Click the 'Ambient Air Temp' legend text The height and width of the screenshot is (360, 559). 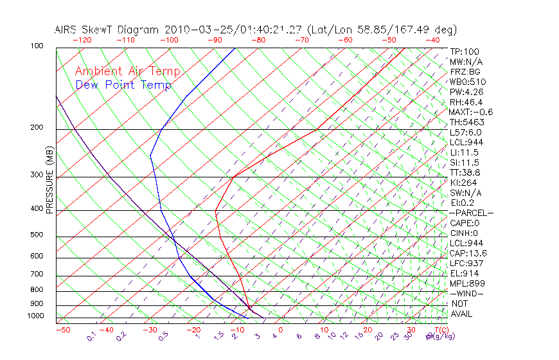[x=127, y=72]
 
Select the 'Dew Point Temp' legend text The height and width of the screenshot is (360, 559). [x=123, y=85]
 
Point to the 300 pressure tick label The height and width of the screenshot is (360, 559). [x=36, y=175]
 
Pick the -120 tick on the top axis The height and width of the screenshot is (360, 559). [x=82, y=40]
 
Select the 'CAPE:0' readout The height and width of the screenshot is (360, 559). [x=465, y=223]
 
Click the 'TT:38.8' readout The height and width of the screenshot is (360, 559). [x=465, y=173]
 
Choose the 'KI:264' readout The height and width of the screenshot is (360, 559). [x=464, y=183]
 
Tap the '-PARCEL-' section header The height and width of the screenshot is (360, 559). [x=471, y=213]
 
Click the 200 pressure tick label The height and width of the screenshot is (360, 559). [x=36, y=127]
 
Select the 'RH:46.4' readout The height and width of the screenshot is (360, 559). [x=466, y=102]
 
